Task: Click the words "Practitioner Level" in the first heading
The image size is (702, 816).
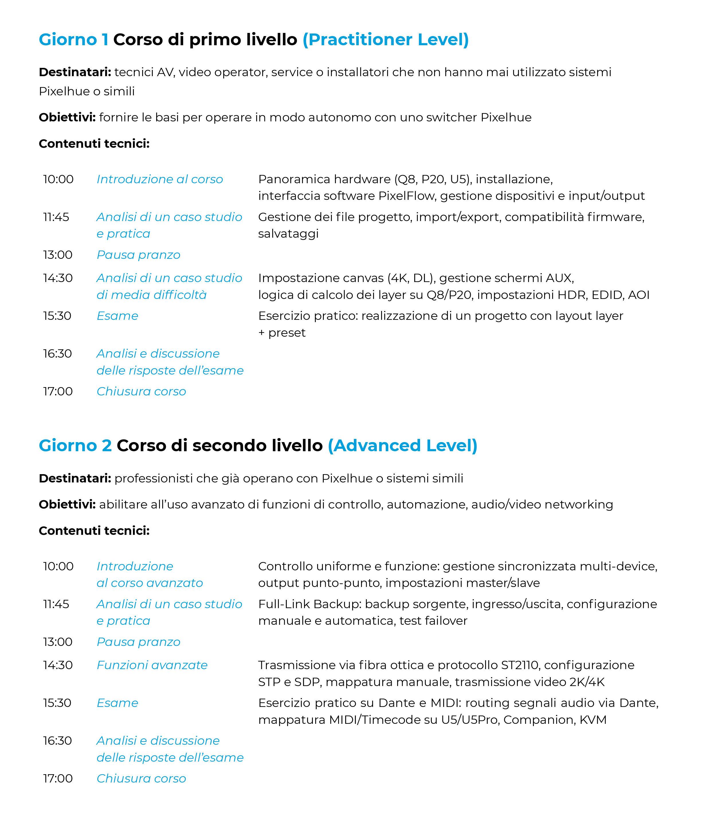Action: tap(385, 40)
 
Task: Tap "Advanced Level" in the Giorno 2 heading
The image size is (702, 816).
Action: tap(403, 446)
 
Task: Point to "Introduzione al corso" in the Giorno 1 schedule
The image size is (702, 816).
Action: tap(160, 179)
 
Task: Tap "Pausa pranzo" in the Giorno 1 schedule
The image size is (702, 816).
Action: tap(138, 255)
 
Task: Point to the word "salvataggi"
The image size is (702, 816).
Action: tap(288, 234)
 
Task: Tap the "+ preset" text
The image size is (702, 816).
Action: tap(282, 333)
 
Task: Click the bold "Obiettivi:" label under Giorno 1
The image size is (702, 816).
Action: tap(67, 117)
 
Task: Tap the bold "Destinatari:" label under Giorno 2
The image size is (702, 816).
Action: tap(75, 478)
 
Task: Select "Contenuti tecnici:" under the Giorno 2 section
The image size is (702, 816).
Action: tap(94, 531)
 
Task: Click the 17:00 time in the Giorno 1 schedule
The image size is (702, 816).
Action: tap(58, 391)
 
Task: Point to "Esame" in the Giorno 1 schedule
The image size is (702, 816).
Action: tap(117, 316)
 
